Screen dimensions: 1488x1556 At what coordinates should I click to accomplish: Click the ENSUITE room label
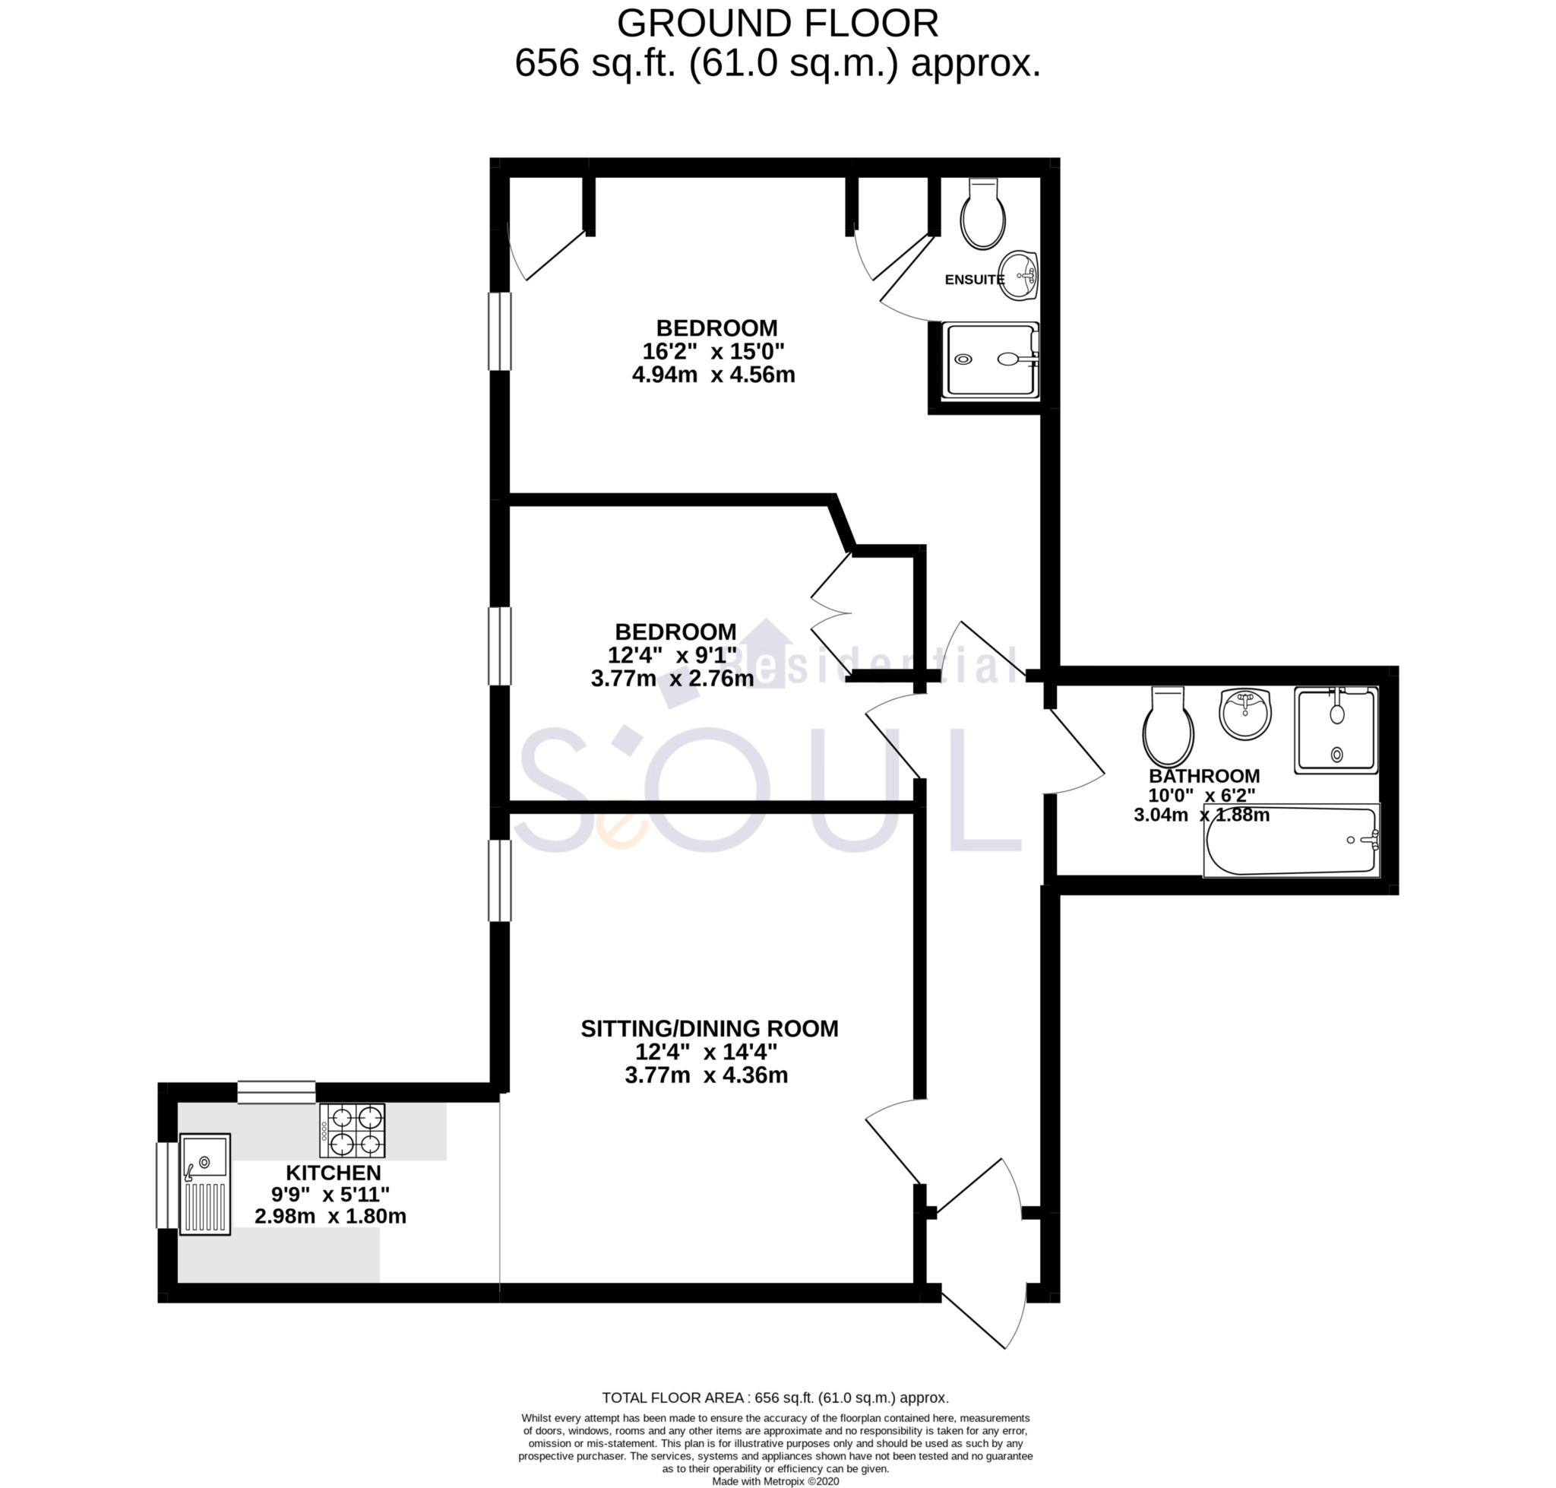973,279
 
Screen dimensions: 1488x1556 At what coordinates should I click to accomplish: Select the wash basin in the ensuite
1018,276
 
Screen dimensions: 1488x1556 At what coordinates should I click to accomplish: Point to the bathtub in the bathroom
1291,841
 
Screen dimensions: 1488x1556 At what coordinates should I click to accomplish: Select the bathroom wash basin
1244,711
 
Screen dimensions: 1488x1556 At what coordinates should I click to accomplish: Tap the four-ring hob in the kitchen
352,1130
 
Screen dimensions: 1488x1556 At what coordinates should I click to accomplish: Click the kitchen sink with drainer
204,1182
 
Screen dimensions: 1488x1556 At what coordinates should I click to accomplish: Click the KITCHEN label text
333,1173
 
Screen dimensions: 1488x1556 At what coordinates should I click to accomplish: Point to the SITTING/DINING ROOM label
709,1029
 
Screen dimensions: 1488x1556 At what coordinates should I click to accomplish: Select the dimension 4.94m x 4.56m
713,375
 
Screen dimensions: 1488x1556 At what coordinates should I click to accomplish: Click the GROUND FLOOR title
777,24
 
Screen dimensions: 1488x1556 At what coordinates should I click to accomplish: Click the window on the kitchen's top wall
276,1092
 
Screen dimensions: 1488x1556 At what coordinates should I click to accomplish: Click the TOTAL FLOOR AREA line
775,1398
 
